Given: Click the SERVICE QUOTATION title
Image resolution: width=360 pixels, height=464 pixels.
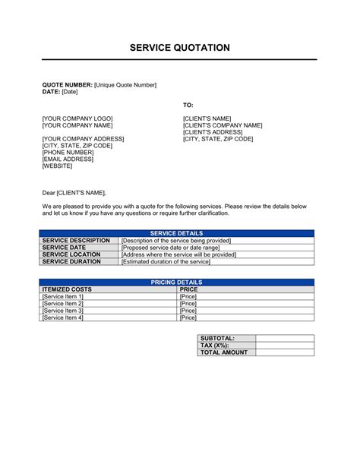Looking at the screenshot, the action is (x=179, y=47).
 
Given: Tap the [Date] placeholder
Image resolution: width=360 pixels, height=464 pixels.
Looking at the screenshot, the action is (x=70, y=91).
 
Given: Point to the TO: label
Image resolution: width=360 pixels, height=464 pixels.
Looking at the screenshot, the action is (x=188, y=104).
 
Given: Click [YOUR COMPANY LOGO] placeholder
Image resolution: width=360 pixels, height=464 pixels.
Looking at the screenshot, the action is (x=77, y=118).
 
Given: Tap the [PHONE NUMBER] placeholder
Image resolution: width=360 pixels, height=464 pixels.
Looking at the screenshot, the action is (x=68, y=152).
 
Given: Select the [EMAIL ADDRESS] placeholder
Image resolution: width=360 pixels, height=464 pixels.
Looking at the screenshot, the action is (x=68, y=159).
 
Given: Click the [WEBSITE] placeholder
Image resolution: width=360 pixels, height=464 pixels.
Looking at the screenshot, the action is (x=58, y=166).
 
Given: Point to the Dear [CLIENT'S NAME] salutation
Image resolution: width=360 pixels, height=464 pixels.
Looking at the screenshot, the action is (x=74, y=193).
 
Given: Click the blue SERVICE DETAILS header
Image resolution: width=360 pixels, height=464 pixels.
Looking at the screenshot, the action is (x=176, y=234).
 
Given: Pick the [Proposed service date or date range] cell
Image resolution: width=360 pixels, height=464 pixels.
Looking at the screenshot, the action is (x=175, y=248).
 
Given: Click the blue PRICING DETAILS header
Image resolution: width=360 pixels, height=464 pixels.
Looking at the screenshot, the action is (x=176, y=283).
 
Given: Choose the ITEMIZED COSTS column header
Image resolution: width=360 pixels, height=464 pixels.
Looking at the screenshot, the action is (x=67, y=289).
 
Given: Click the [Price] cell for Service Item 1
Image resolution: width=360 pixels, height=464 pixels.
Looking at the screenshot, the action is (x=188, y=297).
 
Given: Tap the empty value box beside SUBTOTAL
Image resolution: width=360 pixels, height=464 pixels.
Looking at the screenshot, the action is (x=284, y=338).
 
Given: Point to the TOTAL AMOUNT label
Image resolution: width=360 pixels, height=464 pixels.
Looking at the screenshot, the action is (x=223, y=352).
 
